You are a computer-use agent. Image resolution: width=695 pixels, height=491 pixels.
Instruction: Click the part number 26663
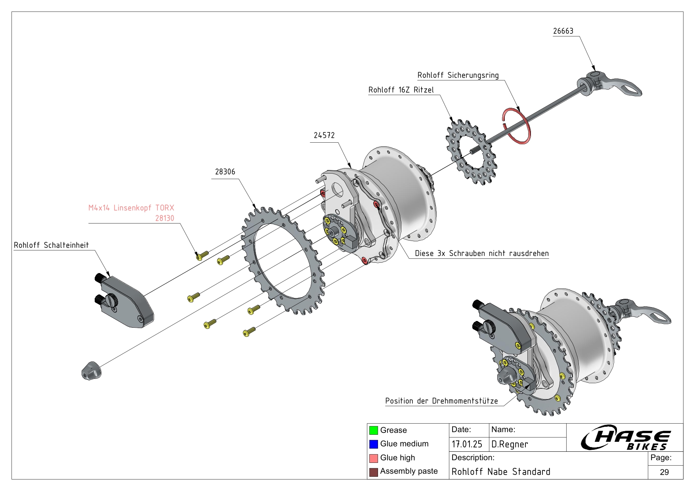point(563,31)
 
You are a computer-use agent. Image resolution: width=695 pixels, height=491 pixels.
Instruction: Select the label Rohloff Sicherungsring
point(458,75)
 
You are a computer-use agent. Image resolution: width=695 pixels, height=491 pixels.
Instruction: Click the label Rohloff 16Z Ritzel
point(401,90)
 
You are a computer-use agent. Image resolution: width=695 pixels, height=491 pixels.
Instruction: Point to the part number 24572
point(324,136)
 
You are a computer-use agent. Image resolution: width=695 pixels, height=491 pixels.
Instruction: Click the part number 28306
point(225,172)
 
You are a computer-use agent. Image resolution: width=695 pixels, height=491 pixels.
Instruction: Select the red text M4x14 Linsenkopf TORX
point(131,208)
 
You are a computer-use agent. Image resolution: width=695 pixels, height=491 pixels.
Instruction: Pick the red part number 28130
point(164,218)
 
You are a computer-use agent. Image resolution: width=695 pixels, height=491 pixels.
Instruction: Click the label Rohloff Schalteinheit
point(52,245)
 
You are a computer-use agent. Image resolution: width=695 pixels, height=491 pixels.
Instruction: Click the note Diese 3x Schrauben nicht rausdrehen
point(481,254)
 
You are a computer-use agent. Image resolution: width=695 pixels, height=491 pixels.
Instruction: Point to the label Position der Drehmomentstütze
point(441,401)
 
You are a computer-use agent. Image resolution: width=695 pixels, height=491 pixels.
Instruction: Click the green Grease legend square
point(373,430)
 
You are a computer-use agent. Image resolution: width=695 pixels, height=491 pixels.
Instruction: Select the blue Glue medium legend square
point(373,444)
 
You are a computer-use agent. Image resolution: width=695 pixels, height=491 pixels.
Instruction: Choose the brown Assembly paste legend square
point(373,472)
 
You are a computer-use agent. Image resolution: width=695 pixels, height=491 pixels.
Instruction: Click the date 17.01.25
point(467,445)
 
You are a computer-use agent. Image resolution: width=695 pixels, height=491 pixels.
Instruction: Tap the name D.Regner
point(510,445)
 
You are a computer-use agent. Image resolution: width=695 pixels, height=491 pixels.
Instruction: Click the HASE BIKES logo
point(625,438)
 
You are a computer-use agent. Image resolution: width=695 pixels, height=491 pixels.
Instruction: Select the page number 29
point(664,472)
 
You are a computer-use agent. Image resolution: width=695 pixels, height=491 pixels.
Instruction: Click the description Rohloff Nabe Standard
point(501,472)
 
